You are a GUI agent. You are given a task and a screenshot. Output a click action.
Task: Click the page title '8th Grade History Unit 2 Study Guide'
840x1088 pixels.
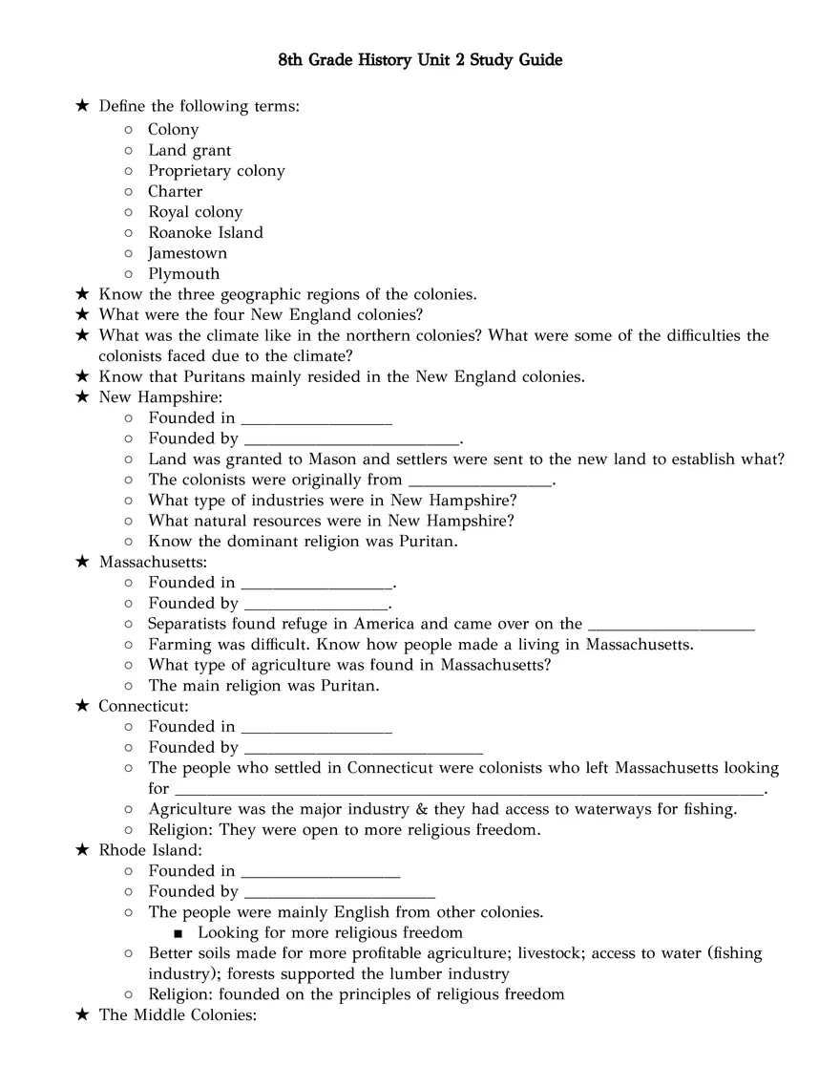click(420, 61)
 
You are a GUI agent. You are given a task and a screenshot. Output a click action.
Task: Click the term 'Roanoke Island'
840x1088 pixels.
click(205, 232)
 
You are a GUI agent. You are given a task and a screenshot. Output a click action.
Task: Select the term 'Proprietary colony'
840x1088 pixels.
click(216, 171)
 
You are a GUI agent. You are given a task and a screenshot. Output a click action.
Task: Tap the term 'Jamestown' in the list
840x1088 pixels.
click(187, 253)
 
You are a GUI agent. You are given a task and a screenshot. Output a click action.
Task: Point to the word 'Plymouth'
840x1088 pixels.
click(183, 274)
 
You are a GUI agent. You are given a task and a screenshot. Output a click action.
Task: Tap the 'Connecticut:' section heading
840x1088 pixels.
click(144, 706)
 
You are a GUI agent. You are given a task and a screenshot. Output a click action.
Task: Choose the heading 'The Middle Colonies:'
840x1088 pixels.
click(178, 1015)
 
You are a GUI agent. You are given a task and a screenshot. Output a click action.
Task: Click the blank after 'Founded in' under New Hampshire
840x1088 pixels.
click(317, 419)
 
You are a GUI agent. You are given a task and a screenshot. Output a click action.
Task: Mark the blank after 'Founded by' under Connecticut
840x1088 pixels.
click(363, 749)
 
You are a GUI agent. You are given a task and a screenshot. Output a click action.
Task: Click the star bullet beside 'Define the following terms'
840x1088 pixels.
click(82, 106)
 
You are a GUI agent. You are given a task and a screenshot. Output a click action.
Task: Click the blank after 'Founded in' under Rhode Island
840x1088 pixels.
click(321, 872)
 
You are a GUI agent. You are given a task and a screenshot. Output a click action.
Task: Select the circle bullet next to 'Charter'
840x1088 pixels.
click(128, 192)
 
